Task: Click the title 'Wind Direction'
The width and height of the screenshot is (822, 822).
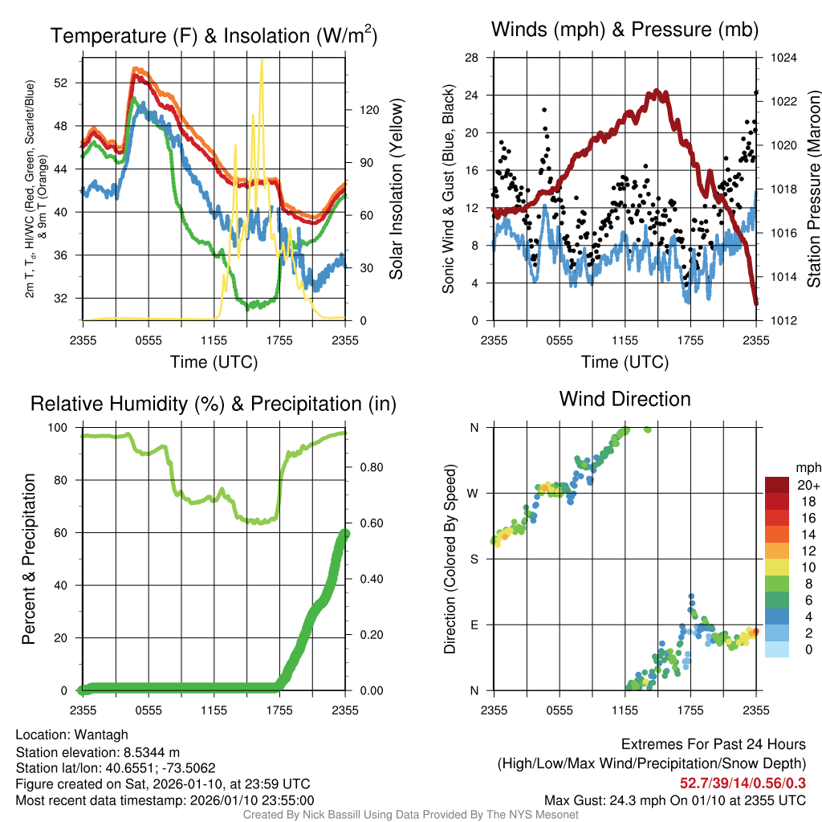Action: [x=625, y=399]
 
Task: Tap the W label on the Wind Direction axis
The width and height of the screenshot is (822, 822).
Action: [x=474, y=493]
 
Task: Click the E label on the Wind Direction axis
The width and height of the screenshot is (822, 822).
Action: [x=474, y=625]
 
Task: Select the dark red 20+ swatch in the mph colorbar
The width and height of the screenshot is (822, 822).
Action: [x=778, y=485]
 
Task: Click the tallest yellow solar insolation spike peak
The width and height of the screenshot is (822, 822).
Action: [x=261, y=61]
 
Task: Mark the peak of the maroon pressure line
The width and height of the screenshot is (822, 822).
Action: [x=657, y=91]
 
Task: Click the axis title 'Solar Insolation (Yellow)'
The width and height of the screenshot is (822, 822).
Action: [x=396, y=189]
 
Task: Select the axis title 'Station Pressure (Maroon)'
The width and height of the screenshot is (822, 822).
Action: [x=812, y=189]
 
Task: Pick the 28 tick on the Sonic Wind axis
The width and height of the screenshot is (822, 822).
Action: [x=473, y=58]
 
